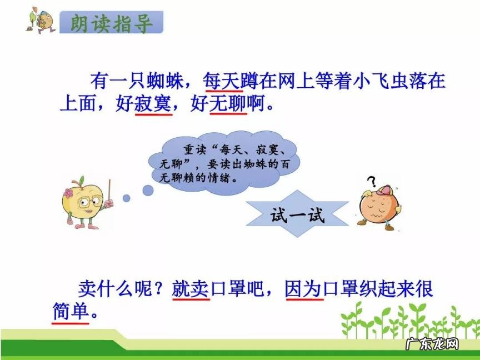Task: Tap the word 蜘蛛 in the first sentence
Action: [166, 81]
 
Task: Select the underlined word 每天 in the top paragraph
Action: [221, 81]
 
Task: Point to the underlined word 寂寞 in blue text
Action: [152, 104]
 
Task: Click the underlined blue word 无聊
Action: [228, 104]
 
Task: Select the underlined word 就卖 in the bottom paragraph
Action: [191, 289]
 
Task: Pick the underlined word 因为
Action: [304, 289]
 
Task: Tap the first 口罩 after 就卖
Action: [229, 289]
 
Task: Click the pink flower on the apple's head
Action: [69, 193]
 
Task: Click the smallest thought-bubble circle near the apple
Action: [126, 197]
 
